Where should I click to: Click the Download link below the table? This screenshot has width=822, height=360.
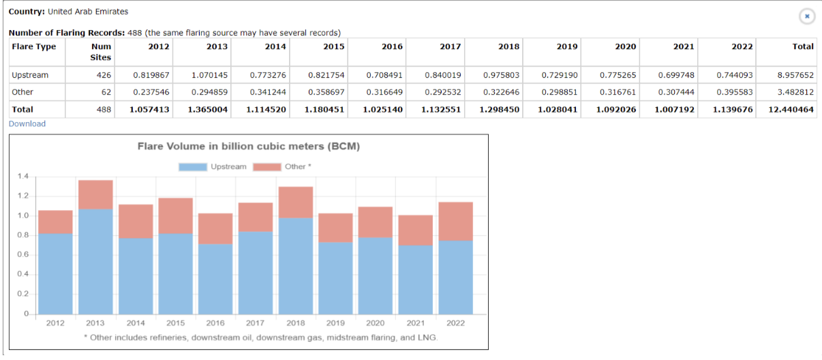[27, 123]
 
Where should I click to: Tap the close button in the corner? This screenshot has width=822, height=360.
[807, 16]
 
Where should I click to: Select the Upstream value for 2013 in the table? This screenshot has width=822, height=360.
[209, 75]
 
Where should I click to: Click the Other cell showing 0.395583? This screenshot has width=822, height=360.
[735, 92]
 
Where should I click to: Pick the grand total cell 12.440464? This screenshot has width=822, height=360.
[791, 109]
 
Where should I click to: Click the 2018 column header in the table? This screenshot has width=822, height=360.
[508, 46]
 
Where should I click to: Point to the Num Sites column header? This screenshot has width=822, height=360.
[101, 52]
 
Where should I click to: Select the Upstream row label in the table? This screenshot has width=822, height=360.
[30, 75]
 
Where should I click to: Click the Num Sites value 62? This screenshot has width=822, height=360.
[106, 92]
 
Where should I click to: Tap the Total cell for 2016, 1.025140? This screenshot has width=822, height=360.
[383, 109]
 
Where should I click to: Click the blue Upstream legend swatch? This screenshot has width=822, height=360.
[193, 167]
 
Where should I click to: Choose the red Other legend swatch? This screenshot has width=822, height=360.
[267, 167]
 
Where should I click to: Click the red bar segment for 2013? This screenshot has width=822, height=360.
[95, 194]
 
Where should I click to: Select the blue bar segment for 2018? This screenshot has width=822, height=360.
[296, 266]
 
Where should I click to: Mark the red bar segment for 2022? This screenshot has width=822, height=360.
[456, 222]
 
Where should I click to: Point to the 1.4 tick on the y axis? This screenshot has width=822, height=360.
[22, 177]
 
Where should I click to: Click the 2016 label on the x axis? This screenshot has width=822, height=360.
[215, 323]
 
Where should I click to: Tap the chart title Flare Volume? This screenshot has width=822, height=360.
[249, 147]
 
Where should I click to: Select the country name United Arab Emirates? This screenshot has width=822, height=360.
[88, 12]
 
